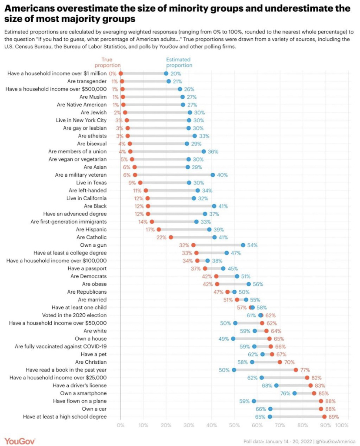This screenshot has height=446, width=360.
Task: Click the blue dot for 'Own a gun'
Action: [243, 245]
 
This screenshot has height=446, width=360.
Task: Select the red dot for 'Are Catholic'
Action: [171, 237]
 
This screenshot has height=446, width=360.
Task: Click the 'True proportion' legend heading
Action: [111, 62]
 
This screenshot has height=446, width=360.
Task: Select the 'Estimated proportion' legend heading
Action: [179, 62]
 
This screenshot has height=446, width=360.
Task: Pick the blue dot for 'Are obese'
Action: [249, 284]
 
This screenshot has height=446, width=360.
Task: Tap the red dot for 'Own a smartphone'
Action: [314, 393]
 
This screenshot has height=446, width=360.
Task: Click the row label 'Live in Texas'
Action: [91, 183]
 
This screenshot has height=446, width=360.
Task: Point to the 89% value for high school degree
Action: [333, 417]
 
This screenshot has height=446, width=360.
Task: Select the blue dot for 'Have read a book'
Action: [234, 370]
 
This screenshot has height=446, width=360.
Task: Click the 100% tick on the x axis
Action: [342, 425]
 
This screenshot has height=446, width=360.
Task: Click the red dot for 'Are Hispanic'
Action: [159, 229]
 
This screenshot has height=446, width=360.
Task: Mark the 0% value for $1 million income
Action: [113, 74]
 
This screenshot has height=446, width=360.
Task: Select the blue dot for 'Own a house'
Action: [233, 339]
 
